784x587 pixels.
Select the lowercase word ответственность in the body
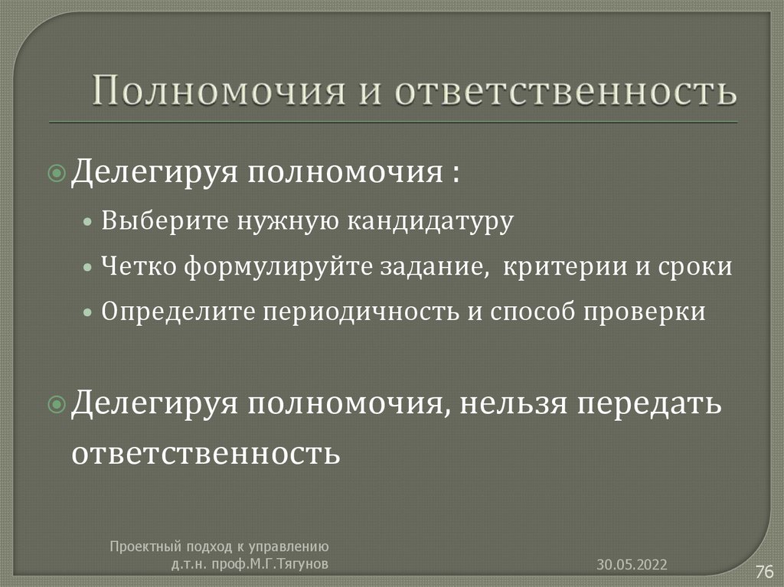[205, 452]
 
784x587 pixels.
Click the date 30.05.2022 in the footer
[632, 565]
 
